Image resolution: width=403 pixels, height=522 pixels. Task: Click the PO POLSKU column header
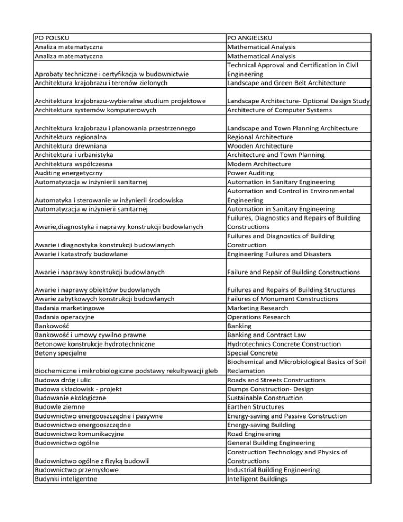click(52, 38)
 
